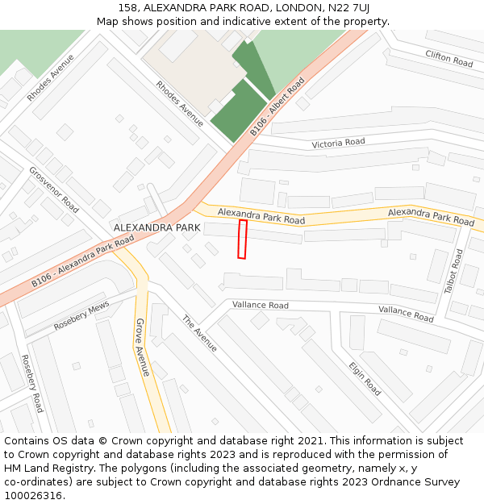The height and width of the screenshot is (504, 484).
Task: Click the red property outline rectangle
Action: [242, 240]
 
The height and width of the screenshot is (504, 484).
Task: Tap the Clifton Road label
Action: [449, 57]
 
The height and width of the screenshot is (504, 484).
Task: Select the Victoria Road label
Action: [338, 144]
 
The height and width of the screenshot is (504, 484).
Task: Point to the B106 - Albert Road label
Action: [277, 106]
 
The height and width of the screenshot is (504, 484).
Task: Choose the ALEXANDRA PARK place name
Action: [156, 228]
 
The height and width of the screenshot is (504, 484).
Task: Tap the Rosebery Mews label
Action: [81, 316]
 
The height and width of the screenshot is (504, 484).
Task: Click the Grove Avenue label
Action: [142, 347]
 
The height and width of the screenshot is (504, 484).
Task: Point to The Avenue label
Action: [199, 332]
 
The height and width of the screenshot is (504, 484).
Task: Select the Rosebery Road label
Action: [31, 383]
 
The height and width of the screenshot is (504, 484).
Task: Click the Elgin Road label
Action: [365, 377]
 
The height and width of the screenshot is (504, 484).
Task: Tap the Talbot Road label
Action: [453, 271]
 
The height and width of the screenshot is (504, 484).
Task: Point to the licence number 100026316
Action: [32, 496]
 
